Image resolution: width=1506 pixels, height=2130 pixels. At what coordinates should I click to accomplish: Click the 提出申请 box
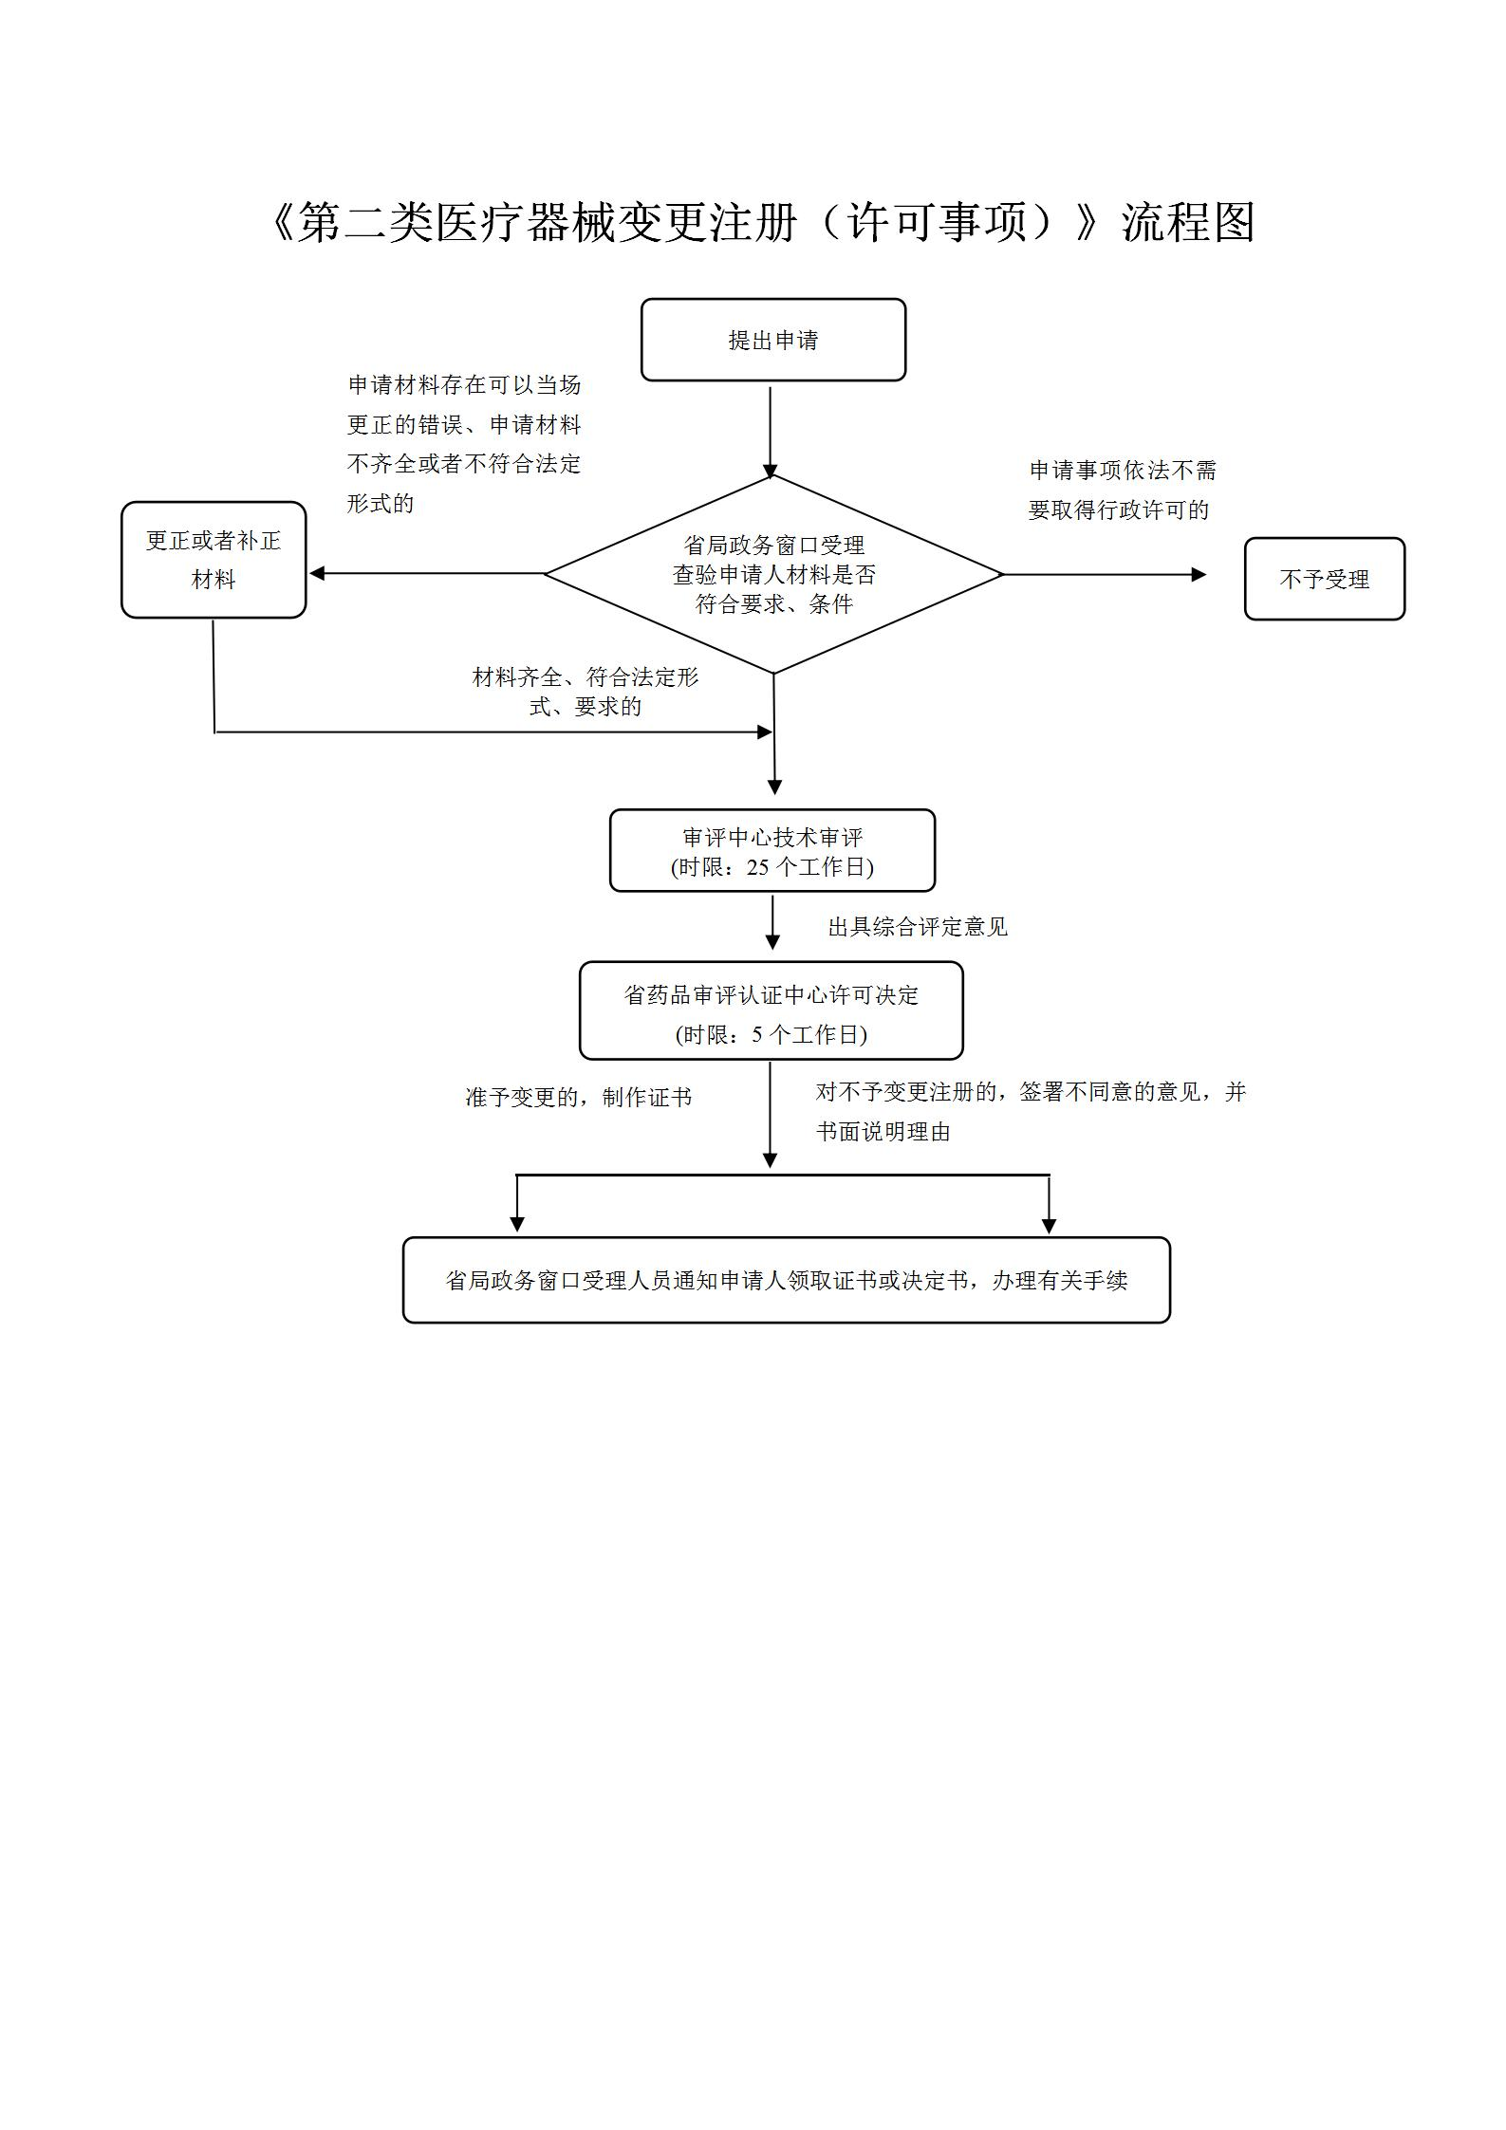(x=772, y=340)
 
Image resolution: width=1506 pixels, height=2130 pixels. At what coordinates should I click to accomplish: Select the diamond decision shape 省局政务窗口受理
(x=773, y=574)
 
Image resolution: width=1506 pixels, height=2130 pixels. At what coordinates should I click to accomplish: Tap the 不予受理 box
(x=1324, y=579)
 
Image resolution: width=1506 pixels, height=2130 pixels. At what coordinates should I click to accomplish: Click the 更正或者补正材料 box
(x=214, y=560)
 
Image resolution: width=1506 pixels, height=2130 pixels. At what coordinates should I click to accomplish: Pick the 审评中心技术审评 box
(x=772, y=850)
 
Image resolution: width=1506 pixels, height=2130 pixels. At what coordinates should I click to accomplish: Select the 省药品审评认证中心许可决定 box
(x=771, y=1010)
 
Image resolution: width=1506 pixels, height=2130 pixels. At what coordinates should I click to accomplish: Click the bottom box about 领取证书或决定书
(x=786, y=1280)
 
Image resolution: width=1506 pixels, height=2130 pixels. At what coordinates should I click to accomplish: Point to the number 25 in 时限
(x=758, y=867)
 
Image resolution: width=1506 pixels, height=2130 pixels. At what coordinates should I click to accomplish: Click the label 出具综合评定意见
(x=917, y=927)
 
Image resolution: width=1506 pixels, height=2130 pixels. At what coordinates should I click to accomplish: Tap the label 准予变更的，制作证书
(x=578, y=1097)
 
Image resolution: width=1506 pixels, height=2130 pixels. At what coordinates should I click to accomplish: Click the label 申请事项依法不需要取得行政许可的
(x=1122, y=490)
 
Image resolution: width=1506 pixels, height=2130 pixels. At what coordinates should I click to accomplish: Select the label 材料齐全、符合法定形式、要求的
(x=586, y=692)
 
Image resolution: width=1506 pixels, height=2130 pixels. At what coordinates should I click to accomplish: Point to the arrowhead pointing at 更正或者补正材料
(x=318, y=573)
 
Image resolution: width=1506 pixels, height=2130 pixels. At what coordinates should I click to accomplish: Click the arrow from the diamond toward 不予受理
(x=1101, y=574)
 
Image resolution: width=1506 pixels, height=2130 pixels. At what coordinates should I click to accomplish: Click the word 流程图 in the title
(x=1188, y=223)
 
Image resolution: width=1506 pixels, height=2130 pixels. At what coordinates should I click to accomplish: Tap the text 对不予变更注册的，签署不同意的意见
(x=1030, y=1092)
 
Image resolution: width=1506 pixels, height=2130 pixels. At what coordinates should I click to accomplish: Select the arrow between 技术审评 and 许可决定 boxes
(x=772, y=922)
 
